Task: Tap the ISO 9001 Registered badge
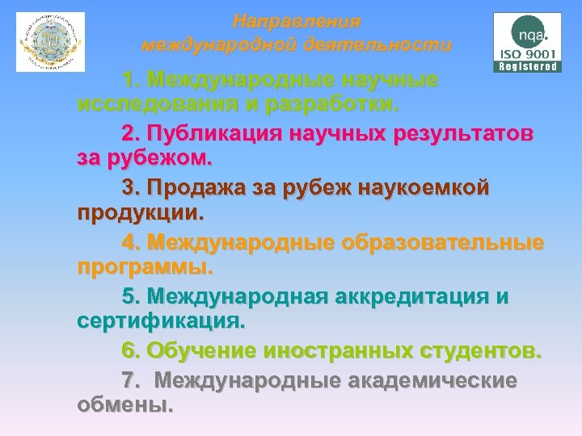[x=526, y=42]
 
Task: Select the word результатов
[x=456, y=133]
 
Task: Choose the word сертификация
[x=160, y=322]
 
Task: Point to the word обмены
[x=124, y=404]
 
